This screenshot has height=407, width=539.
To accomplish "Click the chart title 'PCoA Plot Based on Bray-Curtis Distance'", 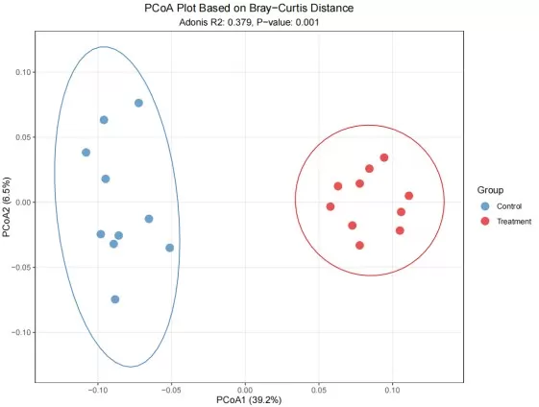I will tap(248, 8).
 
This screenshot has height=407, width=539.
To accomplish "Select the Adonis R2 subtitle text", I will tap(248, 21).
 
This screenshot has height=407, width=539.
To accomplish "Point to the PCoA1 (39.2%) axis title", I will tap(248, 399).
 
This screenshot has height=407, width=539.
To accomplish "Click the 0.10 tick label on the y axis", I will tap(22, 72).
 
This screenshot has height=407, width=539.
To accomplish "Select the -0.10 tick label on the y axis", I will tap(20, 332).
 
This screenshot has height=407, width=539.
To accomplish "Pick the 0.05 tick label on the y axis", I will tap(22, 137).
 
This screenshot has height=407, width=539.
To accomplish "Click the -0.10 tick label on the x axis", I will tap(97, 389).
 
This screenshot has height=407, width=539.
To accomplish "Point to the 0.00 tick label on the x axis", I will tap(244, 389).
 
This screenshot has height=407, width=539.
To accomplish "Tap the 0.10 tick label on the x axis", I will tap(392, 389).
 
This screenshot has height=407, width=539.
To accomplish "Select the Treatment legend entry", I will tap(513, 222).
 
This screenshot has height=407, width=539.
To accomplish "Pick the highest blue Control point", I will tap(138, 103).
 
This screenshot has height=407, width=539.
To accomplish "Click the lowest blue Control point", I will tap(115, 299).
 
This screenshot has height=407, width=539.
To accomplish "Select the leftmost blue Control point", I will tap(86, 153).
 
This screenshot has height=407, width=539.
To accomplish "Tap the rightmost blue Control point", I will tap(170, 248).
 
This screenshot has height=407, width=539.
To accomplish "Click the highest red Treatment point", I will tap(384, 157).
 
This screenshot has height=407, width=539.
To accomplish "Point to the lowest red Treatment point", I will tap(360, 245).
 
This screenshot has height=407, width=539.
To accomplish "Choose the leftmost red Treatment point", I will tap(331, 206).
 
